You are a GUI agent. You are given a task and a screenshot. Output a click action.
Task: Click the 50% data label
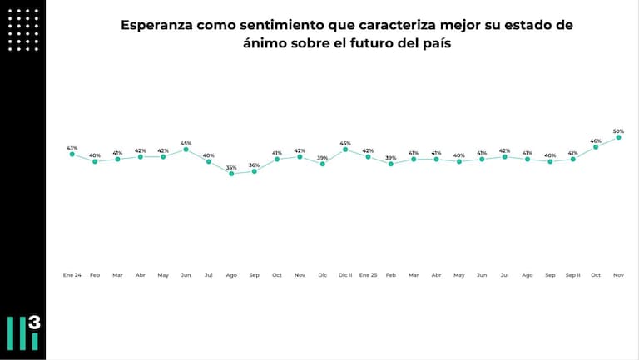(618, 131)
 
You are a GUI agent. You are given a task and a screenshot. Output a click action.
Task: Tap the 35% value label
(231, 168)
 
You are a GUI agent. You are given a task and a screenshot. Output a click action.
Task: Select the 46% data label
(596, 141)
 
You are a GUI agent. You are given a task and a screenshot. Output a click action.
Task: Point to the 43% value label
(72, 148)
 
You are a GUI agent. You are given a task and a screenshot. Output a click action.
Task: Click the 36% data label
(255, 165)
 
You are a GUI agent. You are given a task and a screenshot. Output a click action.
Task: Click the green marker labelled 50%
(618, 138)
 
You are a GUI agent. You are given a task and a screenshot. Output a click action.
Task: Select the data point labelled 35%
(231, 174)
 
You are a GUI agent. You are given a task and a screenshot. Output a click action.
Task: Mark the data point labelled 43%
(72, 155)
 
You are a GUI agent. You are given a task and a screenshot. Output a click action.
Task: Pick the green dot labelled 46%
(596, 147)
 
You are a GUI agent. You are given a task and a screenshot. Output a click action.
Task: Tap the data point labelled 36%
(255, 171)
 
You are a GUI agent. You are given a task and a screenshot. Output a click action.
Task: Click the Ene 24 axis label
(72, 274)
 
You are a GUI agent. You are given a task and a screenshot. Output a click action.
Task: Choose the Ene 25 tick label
(368, 274)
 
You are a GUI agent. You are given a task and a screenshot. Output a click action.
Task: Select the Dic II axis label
(345, 274)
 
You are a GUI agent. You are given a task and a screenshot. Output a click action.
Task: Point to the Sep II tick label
(572, 274)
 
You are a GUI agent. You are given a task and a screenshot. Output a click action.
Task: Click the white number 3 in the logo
(33, 323)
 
